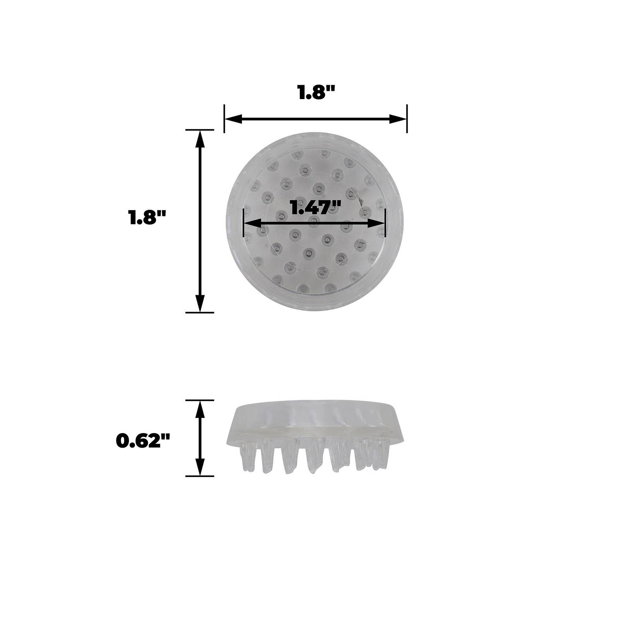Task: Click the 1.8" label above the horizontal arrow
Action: (x=315, y=93)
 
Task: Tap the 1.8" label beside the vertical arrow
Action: (x=147, y=218)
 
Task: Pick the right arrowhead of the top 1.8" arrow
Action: (x=398, y=119)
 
